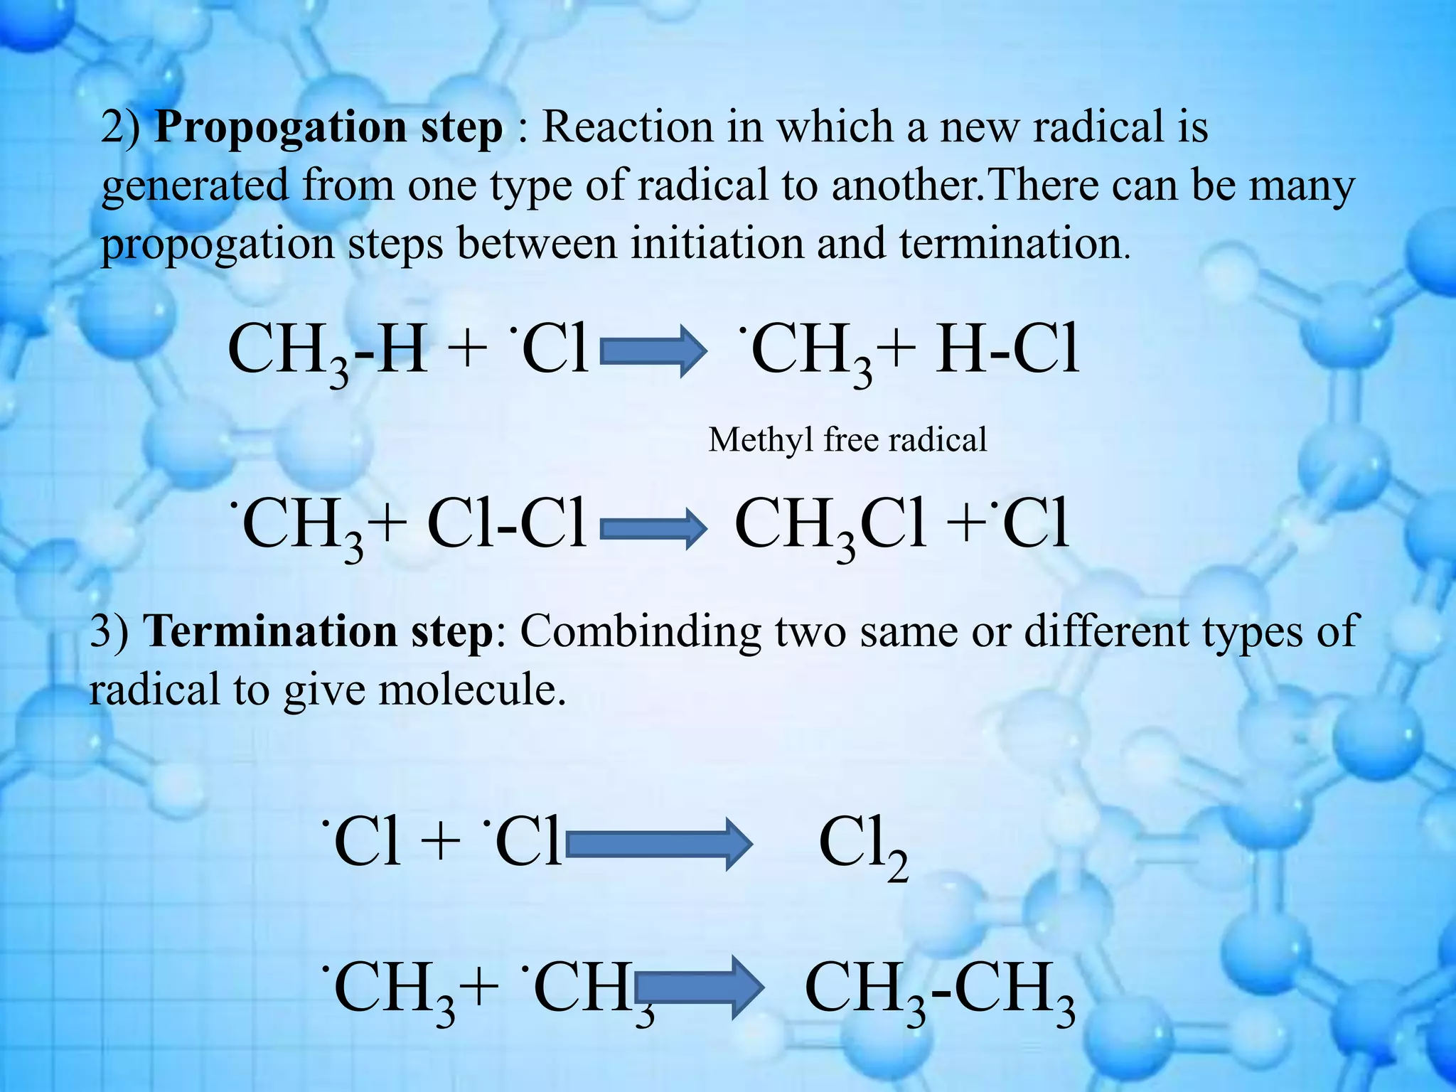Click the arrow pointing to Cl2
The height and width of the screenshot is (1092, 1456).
point(658,844)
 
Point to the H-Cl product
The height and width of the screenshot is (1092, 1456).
point(1007,350)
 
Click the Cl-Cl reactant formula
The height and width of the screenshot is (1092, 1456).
point(507,526)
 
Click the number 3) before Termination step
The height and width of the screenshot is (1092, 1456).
point(109,631)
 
